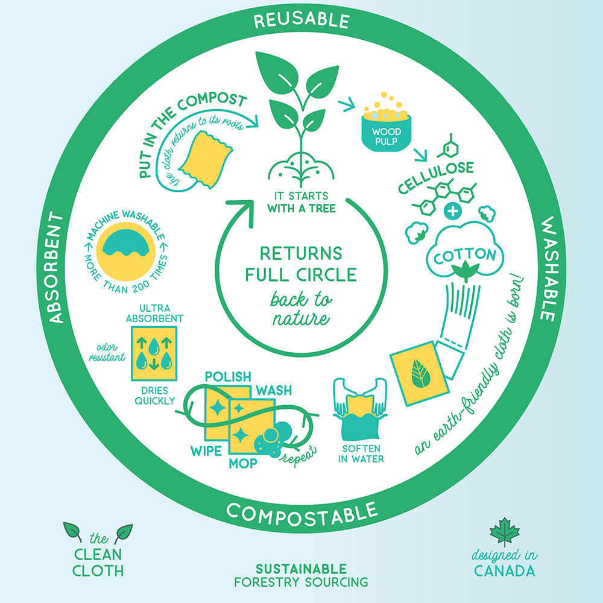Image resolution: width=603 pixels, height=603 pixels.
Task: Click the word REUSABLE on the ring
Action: tap(302, 21)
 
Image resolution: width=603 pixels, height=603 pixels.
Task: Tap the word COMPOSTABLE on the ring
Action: tap(302, 514)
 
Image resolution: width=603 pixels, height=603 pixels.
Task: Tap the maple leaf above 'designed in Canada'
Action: tap(505, 531)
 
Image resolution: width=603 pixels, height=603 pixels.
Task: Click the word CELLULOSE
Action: tap(436, 177)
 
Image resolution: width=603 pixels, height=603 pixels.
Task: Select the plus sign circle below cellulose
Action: tap(453, 211)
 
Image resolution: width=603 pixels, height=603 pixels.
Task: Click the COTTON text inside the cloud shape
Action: tap(464, 256)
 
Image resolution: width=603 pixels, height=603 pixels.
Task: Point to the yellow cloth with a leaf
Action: tap(420, 373)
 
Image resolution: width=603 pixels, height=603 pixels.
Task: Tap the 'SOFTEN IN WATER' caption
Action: tap(361, 454)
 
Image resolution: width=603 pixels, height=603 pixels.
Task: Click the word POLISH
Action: tap(228, 376)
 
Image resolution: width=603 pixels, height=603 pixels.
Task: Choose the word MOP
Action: tap(243, 463)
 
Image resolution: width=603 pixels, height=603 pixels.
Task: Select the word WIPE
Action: tap(206, 450)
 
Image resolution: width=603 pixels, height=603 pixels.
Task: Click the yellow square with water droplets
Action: tap(154, 354)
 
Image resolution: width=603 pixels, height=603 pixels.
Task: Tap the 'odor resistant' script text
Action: tap(107, 352)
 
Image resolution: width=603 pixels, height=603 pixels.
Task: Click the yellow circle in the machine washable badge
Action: tap(126, 251)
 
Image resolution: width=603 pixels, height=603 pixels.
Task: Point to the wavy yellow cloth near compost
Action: tap(206, 160)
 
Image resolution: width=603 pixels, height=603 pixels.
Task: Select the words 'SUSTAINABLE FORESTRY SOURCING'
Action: tap(301, 575)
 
